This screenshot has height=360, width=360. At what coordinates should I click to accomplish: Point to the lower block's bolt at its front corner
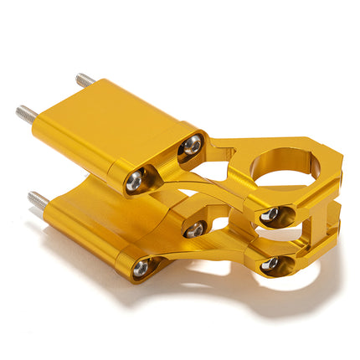(141, 267)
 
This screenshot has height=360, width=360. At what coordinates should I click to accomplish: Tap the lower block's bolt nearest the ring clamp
(196, 229)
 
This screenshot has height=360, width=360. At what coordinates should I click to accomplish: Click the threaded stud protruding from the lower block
(37, 200)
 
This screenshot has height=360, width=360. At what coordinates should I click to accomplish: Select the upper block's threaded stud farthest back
(85, 81)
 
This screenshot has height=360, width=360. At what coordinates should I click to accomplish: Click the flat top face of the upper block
(117, 117)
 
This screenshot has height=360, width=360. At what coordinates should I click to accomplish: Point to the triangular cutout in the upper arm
(237, 167)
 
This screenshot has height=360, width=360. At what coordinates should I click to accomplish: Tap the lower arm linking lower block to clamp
(209, 251)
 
